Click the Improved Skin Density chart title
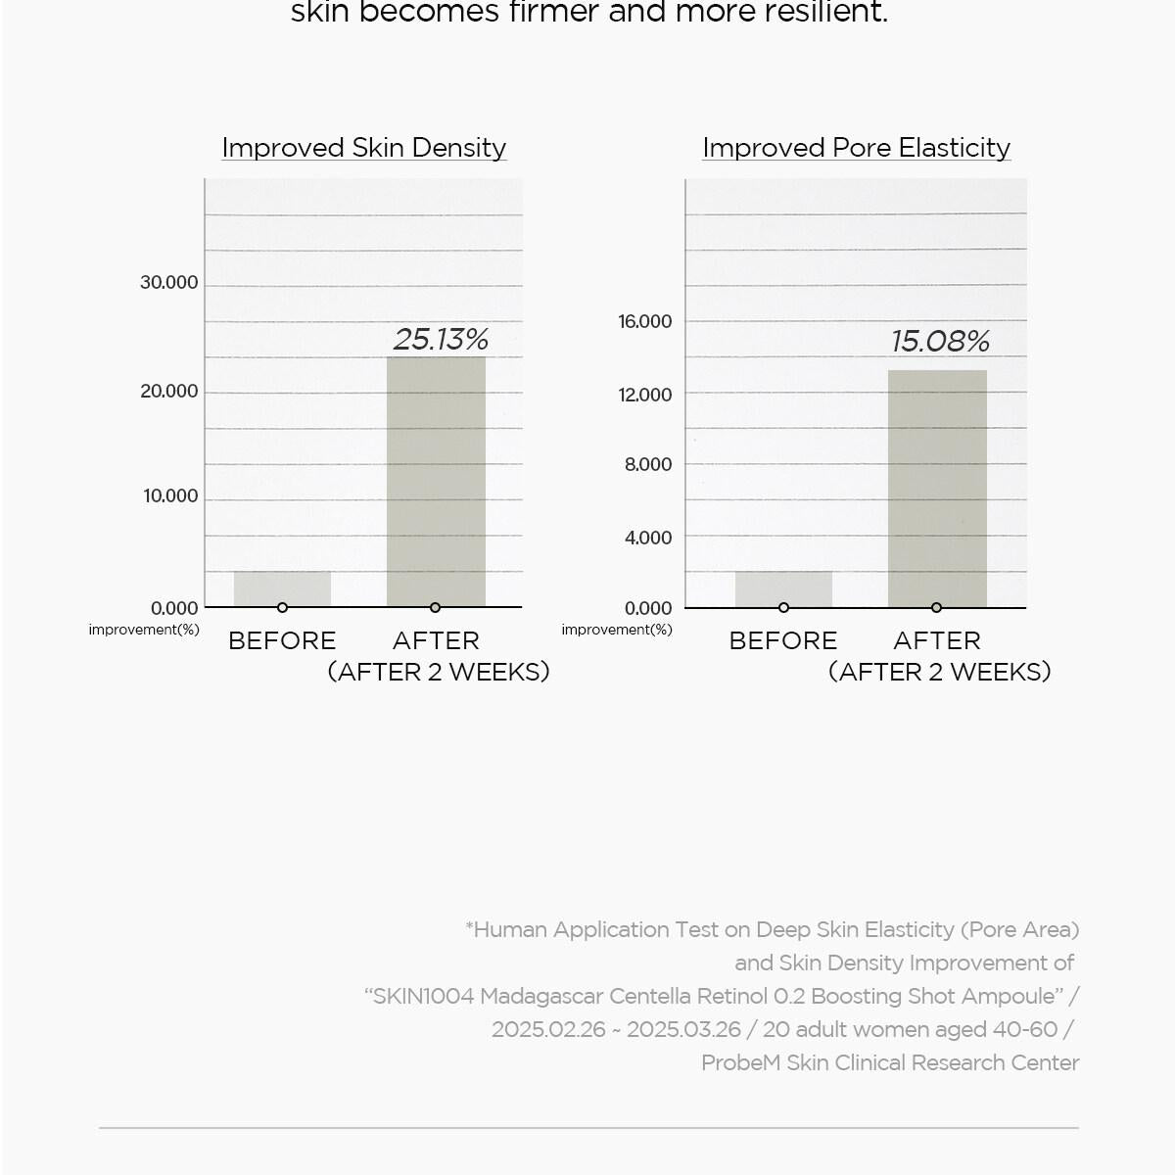point(363,148)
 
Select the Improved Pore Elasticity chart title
point(856,148)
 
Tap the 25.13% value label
point(441,339)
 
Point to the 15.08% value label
point(940,341)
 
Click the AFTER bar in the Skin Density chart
point(436,480)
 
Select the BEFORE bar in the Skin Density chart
point(282,588)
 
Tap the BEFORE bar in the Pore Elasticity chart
point(783,588)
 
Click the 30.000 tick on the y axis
point(168,283)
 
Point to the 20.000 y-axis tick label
point(168,392)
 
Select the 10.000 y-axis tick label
point(170,496)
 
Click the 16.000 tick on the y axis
point(644,322)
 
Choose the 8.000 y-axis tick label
point(648,465)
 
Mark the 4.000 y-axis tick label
point(648,538)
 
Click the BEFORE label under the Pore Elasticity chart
point(783,641)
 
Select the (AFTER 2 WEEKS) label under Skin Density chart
point(439,673)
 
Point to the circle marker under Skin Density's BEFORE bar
point(282,608)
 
